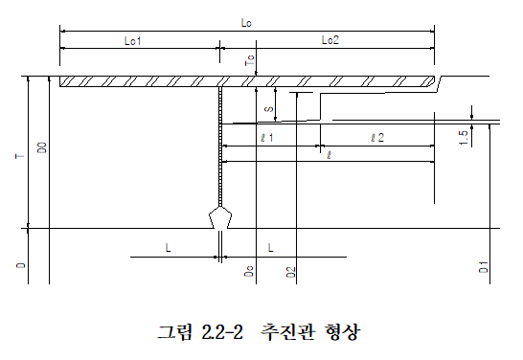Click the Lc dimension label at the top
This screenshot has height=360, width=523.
pos(246,23)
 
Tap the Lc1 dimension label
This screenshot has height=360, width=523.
pos(133,40)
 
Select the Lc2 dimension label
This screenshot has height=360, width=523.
pos(330,40)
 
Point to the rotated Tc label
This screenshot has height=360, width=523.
pos(250,60)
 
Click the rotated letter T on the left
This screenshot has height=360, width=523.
pos(20,156)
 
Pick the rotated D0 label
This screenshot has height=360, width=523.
pos(42,147)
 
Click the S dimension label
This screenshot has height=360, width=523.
pos(269,109)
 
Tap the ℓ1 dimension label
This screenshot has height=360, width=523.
pos(267,137)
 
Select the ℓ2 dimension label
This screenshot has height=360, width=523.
pos(377,137)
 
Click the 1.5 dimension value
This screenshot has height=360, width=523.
pos(464,138)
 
